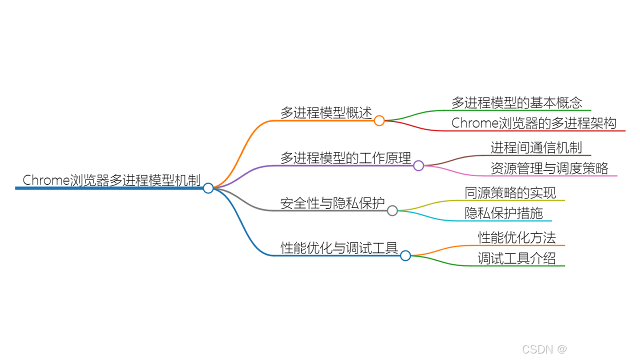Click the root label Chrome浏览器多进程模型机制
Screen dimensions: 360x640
click(111, 180)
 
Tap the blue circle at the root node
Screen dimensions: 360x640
click(208, 188)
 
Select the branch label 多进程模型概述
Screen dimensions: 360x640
click(326, 113)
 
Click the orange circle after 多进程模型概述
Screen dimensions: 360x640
click(379, 120)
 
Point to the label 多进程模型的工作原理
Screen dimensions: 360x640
click(345, 158)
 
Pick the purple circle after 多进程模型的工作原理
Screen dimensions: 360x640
click(418, 165)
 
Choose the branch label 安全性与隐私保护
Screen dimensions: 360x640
click(332, 203)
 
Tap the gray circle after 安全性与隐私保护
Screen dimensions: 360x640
click(392, 210)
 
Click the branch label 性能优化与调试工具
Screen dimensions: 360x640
click(339, 248)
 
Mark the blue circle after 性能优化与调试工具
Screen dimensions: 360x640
click(405, 255)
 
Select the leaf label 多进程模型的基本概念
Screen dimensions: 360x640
click(517, 103)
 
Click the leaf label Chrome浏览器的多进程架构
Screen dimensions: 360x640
click(534, 123)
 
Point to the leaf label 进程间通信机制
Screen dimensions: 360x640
click(536, 148)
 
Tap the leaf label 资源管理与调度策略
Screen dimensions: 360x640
click(549, 168)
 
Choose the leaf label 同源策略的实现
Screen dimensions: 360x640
click(510, 193)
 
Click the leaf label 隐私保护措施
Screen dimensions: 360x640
click(504, 213)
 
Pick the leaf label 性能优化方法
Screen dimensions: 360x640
click(517, 237)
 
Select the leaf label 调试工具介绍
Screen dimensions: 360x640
click(517, 258)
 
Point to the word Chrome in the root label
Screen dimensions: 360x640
click(46, 180)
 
